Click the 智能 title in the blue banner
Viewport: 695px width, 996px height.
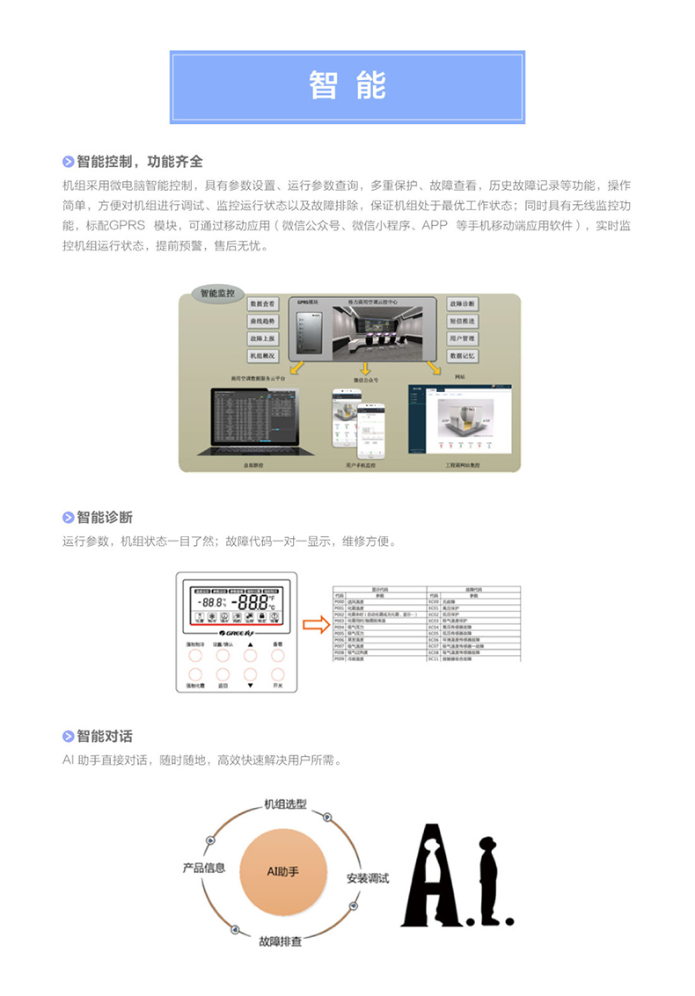(x=347, y=85)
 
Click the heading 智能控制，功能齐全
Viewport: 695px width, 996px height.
(x=139, y=162)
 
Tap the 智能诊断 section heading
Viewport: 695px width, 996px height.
(x=104, y=517)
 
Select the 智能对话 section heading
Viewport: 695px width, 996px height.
(x=104, y=736)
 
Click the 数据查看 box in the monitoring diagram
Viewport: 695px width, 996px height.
(x=262, y=303)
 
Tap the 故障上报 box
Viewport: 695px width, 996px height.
(x=262, y=338)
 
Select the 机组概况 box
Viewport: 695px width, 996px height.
(x=262, y=356)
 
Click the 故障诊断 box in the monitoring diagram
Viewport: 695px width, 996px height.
(x=462, y=303)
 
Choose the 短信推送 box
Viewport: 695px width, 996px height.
(x=462, y=321)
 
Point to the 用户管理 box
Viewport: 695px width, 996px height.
(x=462, y=338)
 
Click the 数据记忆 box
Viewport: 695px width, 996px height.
(x=462, y=356)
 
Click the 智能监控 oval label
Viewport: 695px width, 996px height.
(x=217, y=294)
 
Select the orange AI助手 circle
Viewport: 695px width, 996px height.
(x=283, y=871)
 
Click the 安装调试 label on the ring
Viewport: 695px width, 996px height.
(x=368, y=877)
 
